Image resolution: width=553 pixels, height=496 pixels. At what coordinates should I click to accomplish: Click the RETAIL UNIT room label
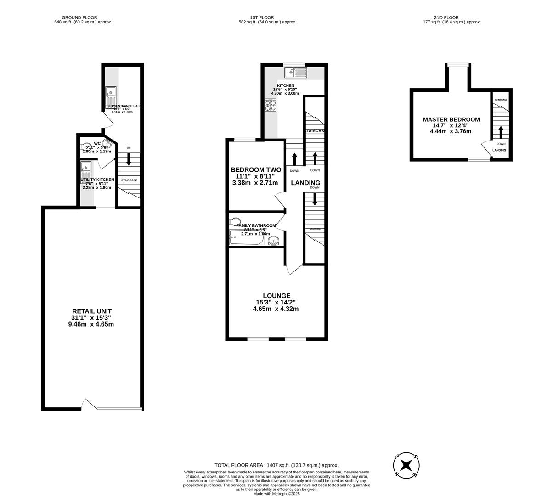91,311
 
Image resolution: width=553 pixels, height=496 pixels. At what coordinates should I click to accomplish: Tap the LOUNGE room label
276,296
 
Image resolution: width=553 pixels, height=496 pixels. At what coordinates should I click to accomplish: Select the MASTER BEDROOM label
451,119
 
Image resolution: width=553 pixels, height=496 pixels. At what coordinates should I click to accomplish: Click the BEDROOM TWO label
255,169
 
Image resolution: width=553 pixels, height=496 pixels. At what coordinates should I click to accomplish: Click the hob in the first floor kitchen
270,106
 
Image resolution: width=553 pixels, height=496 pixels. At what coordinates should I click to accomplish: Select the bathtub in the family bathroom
247,238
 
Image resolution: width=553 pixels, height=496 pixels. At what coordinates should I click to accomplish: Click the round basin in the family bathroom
274,241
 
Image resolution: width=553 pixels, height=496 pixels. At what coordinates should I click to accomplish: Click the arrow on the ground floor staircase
129,159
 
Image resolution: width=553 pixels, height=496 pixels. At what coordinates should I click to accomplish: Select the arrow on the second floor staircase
501,132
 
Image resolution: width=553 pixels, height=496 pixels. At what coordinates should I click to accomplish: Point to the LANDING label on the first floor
305,183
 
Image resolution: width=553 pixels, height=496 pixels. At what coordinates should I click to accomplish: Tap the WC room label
97,143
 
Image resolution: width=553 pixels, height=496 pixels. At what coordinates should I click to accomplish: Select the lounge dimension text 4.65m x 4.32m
276,309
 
